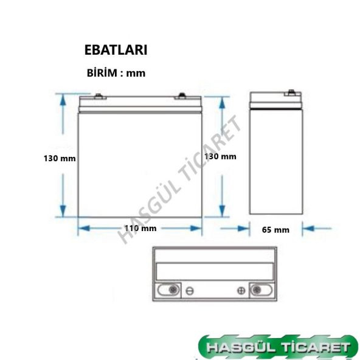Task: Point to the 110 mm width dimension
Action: pos(140,229)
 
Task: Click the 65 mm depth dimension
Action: pos(275,230)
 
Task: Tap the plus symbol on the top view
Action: pos(241,291)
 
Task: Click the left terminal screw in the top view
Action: pos(172,290)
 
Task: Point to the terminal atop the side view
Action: pos(291,93)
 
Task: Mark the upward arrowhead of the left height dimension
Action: pos(63,98)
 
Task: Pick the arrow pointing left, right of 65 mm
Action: pos(308,229)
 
